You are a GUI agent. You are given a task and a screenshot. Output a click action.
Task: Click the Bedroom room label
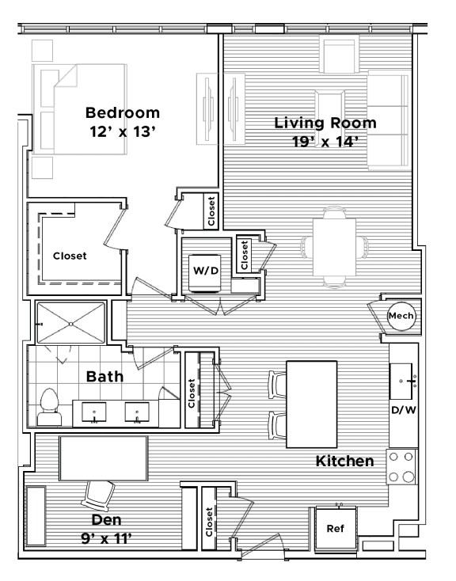point(123,112)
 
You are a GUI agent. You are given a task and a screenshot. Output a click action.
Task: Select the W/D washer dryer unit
point(205,270)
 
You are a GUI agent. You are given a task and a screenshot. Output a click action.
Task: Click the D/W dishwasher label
point(402,409)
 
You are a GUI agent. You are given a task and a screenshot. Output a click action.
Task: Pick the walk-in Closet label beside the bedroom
point(70,256)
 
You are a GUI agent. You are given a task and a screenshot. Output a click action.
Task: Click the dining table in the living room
point(336,245)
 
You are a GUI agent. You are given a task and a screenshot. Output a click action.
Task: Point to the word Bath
point(104,376)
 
